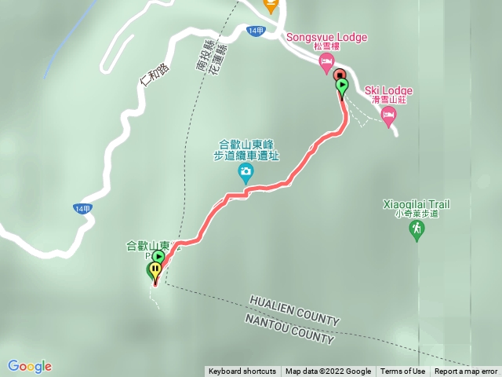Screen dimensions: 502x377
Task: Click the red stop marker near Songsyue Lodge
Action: tap(340, 75)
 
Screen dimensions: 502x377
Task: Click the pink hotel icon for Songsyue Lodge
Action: tap(327, 65)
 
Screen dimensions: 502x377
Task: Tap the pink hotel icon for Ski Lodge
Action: tap(388, 115)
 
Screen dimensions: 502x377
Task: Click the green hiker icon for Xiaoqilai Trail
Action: tap(417, 229)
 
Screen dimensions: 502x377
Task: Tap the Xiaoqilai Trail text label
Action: tap(417, 204)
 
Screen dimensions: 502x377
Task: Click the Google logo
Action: tap(30, 366)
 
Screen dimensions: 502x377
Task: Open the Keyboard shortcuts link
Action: tap(242, 372)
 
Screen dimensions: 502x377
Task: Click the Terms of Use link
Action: tap(403, 372)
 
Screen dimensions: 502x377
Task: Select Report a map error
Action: tap(466, 372)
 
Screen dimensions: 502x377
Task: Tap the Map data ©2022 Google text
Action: tap(328, 372)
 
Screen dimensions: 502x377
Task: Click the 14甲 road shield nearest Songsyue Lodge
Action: tap(255, 31)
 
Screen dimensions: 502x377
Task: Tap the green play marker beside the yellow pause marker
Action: tap(158, 257)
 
